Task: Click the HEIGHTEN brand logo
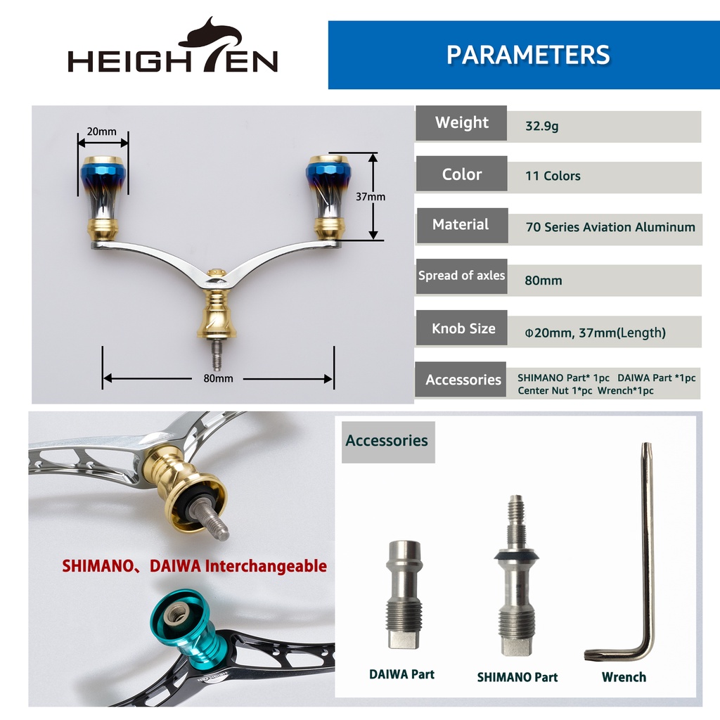173,45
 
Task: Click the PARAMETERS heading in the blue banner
528,55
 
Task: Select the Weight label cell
461,123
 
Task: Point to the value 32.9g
542,126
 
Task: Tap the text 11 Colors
553,176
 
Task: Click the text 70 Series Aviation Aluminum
610,227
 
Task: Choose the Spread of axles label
461,276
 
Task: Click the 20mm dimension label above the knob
101,131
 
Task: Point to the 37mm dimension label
371,197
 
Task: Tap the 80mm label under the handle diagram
218,378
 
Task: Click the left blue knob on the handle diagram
103,198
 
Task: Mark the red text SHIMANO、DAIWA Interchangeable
194,566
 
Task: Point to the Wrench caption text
624,677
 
